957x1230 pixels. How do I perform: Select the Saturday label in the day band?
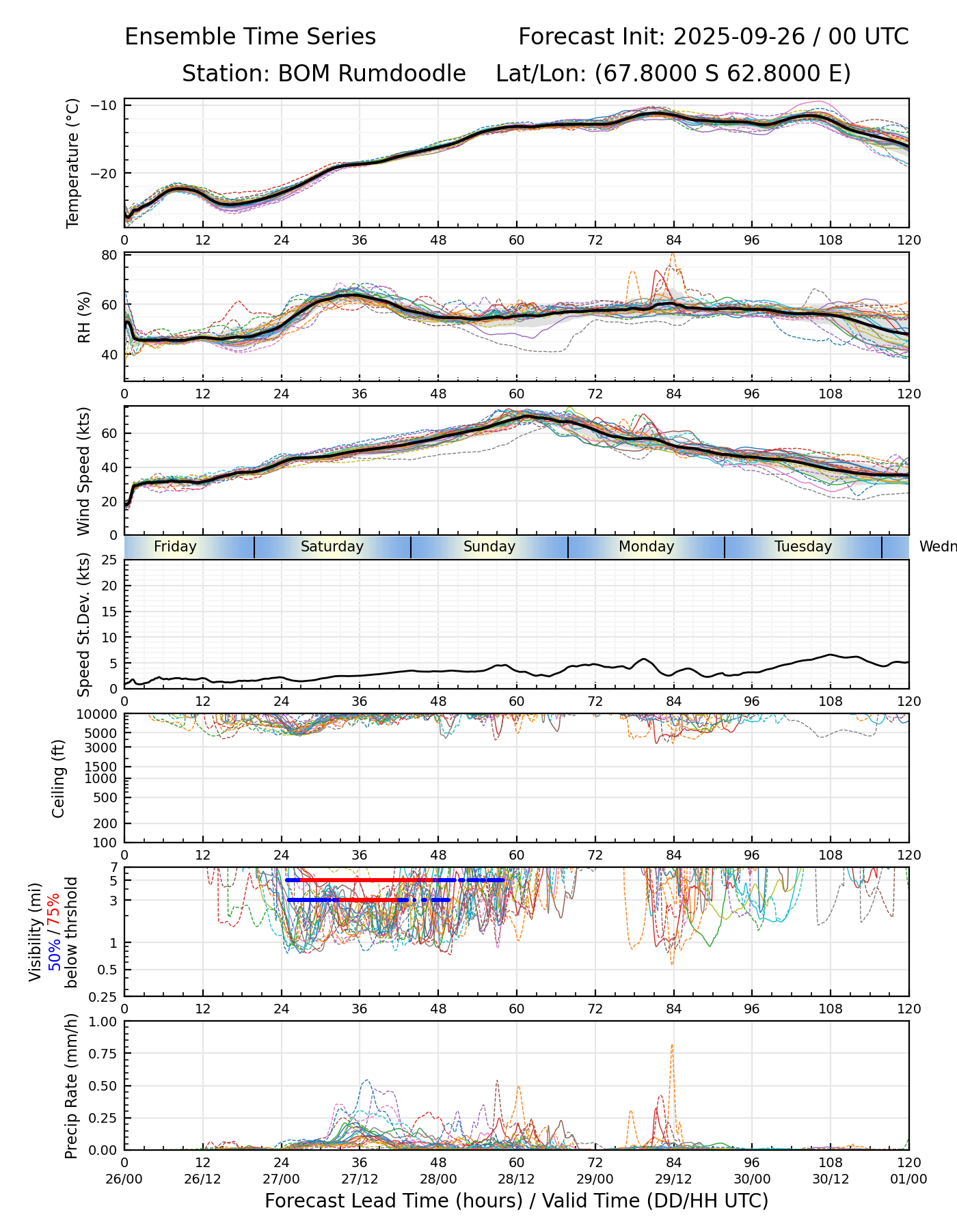(332, 547)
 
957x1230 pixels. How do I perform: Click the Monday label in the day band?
(646, 547)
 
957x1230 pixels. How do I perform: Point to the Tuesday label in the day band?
(803, 547)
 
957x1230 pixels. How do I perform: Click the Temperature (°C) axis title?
(73, 163)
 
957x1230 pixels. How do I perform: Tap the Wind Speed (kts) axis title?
(83, 471)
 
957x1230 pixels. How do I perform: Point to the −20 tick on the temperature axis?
(107, 174)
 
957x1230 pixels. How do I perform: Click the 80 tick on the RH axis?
(110, 255)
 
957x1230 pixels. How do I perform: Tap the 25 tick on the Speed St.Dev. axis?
(109, 560)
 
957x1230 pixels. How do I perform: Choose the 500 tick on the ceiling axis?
(106, 797)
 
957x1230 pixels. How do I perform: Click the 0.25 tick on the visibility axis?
(104, 996)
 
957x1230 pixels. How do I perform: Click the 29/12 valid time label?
(673, 1179)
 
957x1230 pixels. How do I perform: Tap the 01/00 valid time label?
(908, 1179)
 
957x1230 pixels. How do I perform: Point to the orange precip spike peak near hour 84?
(672, 1045)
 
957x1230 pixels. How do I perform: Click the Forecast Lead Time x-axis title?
(516, 1201)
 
